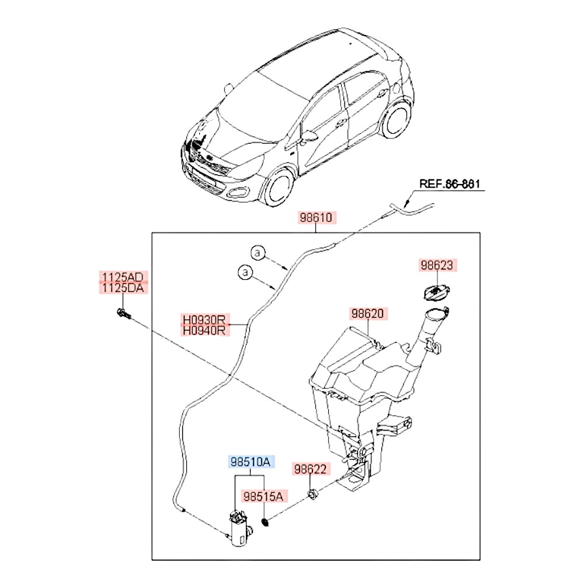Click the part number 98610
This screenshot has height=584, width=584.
[x=317, y=218]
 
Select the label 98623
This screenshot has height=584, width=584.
[x=437, y=266]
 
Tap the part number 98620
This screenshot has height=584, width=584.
[x=367, y=314]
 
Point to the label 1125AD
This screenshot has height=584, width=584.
[x=123, y=277]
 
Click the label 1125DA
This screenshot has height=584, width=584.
[x=123, y=288]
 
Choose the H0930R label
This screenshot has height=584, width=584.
[x=204, y=320]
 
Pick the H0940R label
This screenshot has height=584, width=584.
[x=204, y=331]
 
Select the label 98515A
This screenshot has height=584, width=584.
[x=263, y=497]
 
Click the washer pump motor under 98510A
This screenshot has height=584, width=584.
[x=239, y=529]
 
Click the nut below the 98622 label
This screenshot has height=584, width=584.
[x=312, y=496]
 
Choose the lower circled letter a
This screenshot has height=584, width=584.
[x=245, y=272]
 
